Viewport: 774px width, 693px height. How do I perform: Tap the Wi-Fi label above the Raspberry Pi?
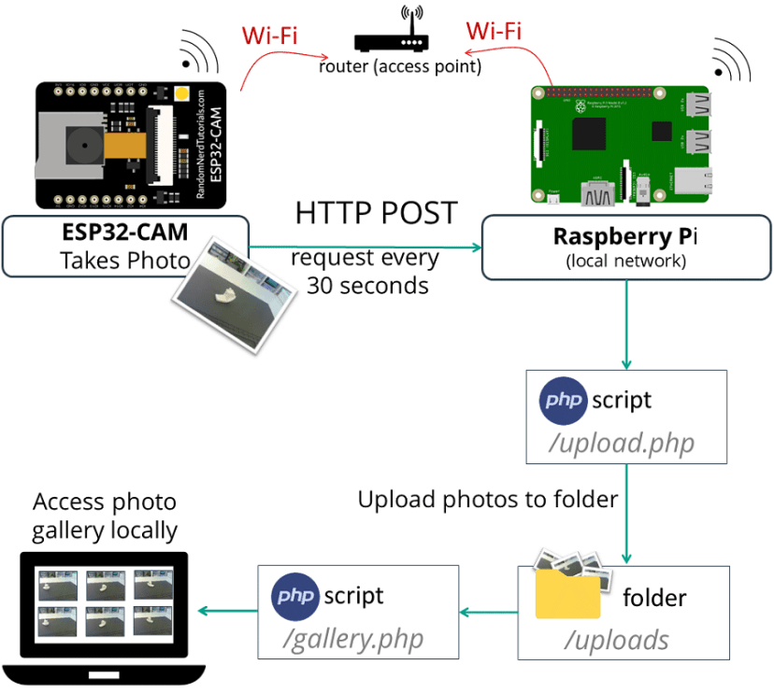[x=493, y=30]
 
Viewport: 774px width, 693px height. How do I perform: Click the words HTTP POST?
[x=377, y=213]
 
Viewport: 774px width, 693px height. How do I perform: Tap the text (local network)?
[x=625, y=262]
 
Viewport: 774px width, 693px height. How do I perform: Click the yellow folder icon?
[x=567, y=595]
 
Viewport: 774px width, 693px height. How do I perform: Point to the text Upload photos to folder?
[x=487, y=500]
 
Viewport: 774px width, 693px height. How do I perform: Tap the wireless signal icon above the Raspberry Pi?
[x=730, y=61]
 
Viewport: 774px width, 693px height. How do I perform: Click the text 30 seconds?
[x=367, y=286]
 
